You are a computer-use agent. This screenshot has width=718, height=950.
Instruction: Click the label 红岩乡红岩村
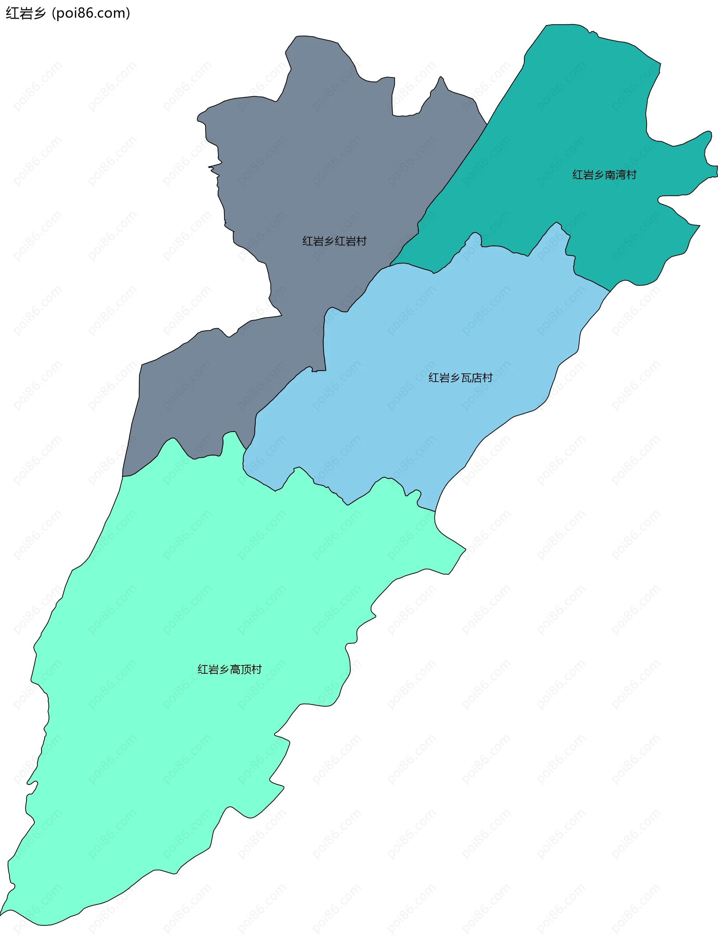pos(334,242)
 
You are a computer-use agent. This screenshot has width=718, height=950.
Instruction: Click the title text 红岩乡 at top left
pos(25,13)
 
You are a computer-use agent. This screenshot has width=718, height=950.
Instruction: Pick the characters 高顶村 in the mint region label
pos(245,670)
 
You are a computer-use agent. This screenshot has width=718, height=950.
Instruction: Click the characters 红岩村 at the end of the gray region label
pos(350,242)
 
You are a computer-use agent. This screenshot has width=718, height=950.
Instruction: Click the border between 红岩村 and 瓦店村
pos(325,344)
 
